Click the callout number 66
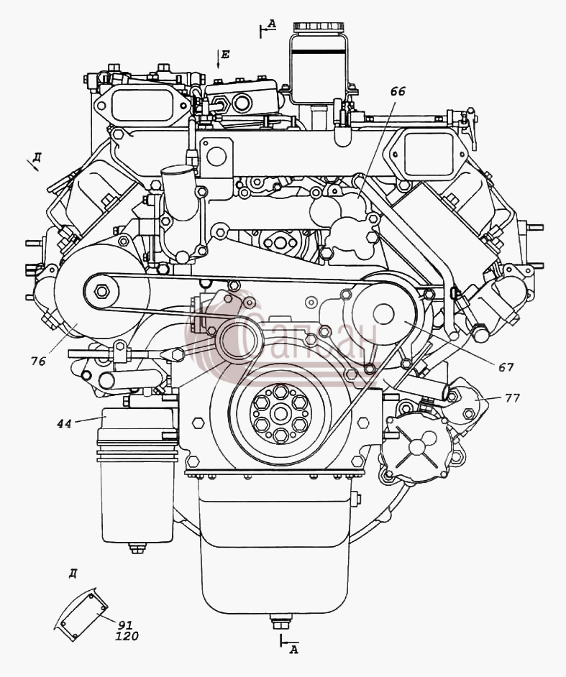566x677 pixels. (398, 91)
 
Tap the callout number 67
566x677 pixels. (506, 367)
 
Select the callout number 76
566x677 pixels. (38, 361)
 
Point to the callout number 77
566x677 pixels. (513, 397)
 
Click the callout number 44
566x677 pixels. (64, 424)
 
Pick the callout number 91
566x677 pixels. (125, 625)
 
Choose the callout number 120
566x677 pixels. (127, 636)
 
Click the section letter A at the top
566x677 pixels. (271, 24)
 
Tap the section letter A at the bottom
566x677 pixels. (293, 649)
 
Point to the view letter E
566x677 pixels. (225, 55)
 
